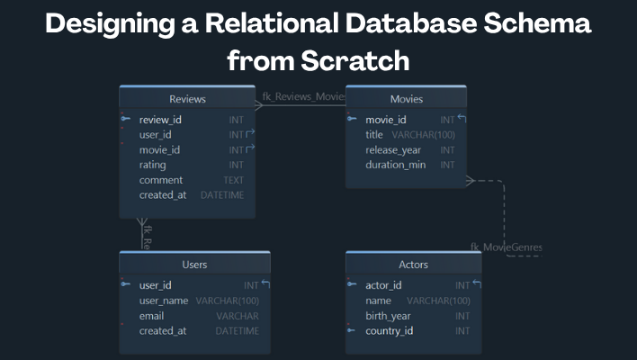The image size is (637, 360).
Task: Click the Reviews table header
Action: pos(187,99)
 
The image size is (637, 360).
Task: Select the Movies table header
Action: pos(406,99)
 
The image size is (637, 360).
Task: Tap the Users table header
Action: pos(194,265)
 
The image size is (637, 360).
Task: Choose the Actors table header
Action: pos(413,265)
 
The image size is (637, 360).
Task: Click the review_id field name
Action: pos(160,119)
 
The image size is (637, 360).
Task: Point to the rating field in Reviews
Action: pos(152,165)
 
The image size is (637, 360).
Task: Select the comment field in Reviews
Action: pos(160,180)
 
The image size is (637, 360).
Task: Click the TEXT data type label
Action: pos(233,180)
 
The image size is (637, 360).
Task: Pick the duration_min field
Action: pos(395,165)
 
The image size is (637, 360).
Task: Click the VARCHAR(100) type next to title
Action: pos(423,134)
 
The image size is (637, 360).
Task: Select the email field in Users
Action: pos(152,316)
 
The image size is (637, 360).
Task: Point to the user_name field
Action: pos(164,301)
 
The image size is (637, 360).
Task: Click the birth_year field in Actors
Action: pos(388,316)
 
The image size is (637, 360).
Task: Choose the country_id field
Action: pos(389,331)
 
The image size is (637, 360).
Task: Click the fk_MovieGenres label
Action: pos(507,247)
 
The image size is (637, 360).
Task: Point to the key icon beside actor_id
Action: pos(353,285)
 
